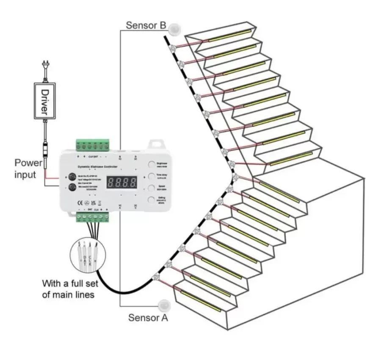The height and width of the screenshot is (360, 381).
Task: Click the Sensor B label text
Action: (x=146, y=25)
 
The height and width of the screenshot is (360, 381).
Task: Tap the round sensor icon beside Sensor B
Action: (x=174, y=29)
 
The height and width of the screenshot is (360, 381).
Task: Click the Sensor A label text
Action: (x=148, y=317)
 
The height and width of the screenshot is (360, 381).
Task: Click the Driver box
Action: (x=45, y=101)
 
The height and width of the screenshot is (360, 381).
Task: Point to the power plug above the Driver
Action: (x=44, y=68)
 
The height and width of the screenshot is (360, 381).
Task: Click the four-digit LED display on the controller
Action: (x=121, y=183)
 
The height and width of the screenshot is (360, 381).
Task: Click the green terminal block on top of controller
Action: (x=93, y=146)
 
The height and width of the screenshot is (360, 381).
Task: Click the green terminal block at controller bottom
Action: (x=93, y=218)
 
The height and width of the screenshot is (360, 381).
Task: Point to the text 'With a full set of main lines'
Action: (x=68, y=289)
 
